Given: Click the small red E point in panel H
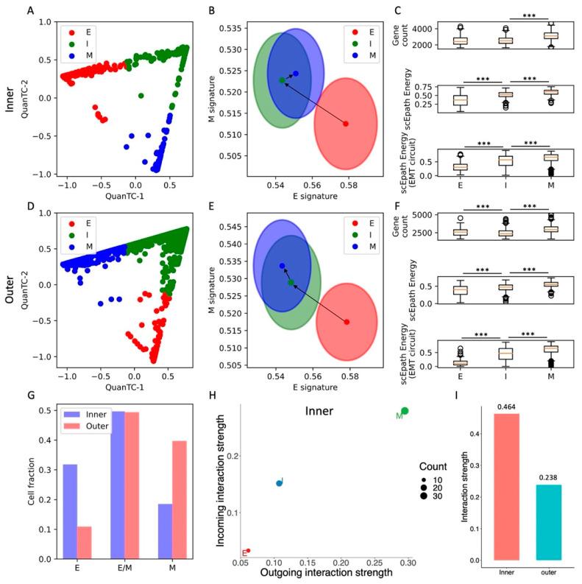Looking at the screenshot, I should coord(249,550).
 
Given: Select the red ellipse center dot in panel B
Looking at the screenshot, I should coord(346,124).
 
